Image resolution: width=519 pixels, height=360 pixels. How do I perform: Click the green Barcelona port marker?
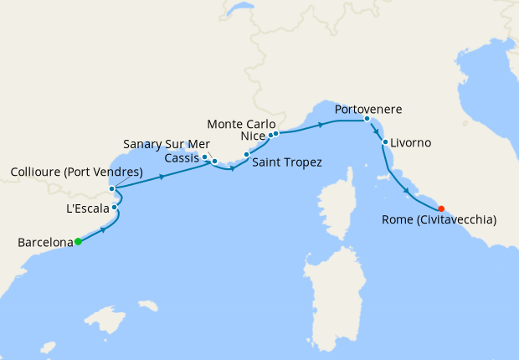pos(78,242)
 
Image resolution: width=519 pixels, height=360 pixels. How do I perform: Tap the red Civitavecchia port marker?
pos(441,209)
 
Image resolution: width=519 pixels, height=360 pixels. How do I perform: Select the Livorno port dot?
pos(385,142)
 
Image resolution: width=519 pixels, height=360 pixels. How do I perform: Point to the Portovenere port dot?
pos(367,119)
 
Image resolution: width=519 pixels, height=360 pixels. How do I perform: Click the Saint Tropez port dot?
pos(247,155)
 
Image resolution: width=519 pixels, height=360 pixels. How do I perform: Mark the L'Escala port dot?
pos(115,207)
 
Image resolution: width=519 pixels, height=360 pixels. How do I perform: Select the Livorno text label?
pos(411,143)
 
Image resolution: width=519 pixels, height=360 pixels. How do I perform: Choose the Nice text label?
pos(252,135)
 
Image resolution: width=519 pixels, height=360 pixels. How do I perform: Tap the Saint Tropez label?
pos(287,162)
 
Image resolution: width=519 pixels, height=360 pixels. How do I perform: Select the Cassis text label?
pos(182,157)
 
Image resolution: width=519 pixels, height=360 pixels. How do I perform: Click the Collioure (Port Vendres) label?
pos(76,173)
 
